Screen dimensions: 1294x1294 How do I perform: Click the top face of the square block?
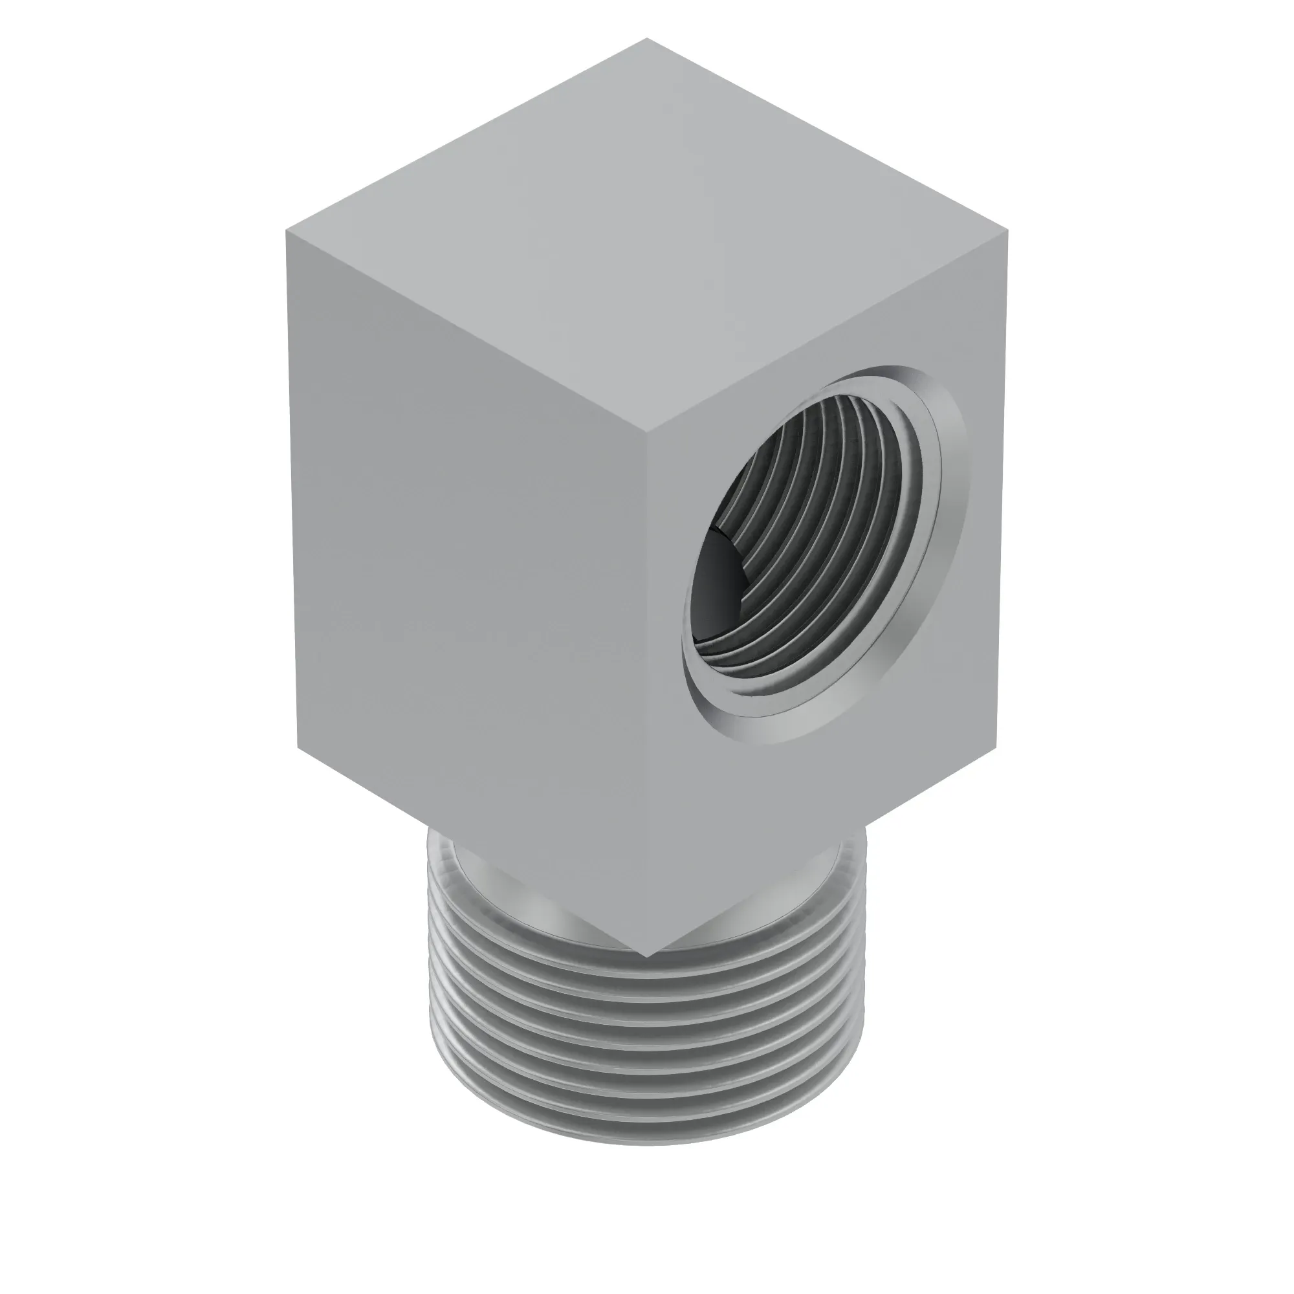[x=647, y=234]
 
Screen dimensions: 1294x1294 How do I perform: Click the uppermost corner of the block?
[x=647, y=39]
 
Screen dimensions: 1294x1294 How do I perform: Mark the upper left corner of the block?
[x=287, y=231]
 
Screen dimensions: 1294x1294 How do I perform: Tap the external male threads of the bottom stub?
[x=647, y=1045]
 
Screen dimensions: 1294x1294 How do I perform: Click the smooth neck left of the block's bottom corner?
[x=509, y=897]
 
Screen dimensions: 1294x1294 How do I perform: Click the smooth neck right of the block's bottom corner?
[x=791, y=897]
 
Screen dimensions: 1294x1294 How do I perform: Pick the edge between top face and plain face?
[x=468, y=331]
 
